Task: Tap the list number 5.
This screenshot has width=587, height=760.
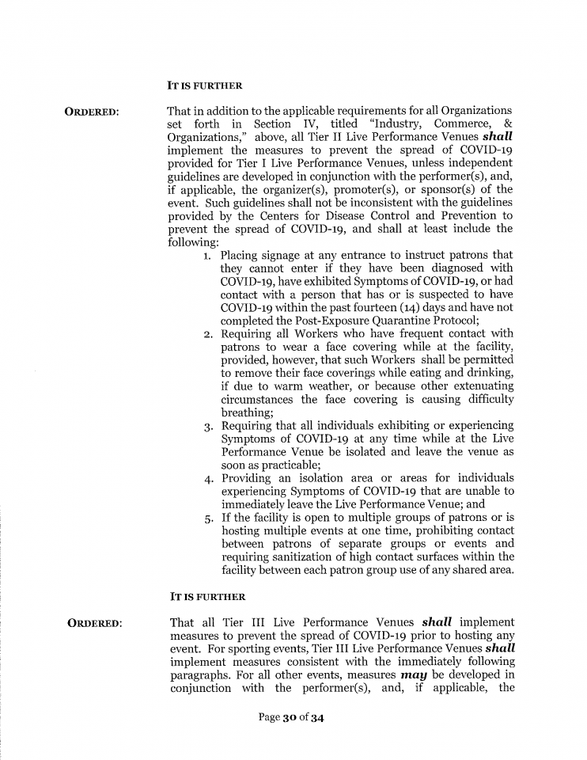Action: [x=206, y=518]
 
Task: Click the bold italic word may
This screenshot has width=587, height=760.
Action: [x=415, y=674]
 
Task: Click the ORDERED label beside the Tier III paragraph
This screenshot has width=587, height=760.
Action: [x=95, y=624]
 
